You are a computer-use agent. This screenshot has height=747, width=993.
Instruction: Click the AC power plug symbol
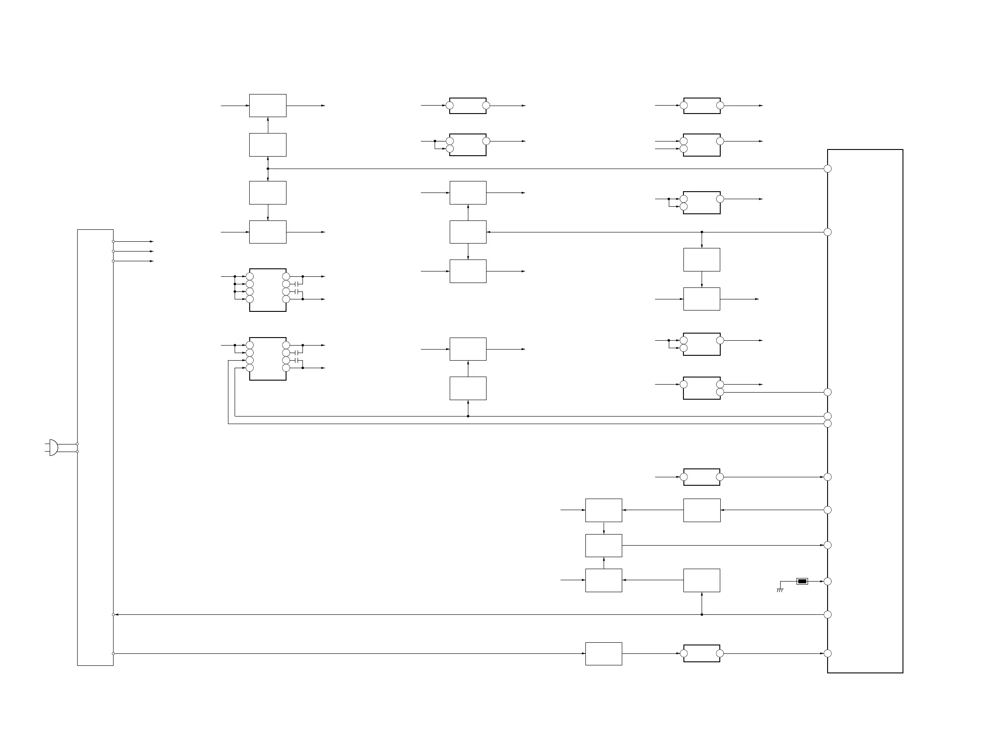(x=52, y=448)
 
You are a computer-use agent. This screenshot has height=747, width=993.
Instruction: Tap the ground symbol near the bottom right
(x=780, y=590)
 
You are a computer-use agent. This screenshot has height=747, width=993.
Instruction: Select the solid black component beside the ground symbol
(x=802, y=582)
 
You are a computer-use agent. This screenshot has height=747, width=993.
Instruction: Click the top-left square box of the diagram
(x=267, y=106)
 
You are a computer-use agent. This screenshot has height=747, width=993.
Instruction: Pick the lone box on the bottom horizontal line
(x=603, y=654)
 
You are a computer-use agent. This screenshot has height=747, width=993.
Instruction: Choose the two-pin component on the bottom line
(x=702, y=654)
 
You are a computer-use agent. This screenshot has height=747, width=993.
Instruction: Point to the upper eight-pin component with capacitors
(x=267, y=290)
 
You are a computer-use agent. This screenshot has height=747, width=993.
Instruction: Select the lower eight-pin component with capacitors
(x=267, y=359)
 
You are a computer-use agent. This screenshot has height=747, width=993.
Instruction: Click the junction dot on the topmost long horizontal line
(x=268, y=169)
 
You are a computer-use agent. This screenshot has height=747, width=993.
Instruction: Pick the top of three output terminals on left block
(x=113, y=241)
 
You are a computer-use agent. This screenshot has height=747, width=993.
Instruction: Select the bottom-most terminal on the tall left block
(x=113, y=654)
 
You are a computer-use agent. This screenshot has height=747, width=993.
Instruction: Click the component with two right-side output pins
(x=702, y=388)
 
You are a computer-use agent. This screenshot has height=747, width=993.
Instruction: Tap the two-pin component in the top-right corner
(x=702, y=106)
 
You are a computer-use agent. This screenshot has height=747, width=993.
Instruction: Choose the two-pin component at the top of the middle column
(x=468, y=106)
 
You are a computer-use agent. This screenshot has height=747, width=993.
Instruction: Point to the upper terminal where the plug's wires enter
(x=77, y=444)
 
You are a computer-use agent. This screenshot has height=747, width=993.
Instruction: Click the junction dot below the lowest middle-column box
(x=468, y=416)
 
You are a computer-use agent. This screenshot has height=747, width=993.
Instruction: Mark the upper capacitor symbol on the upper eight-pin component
(x=296, y=284)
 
